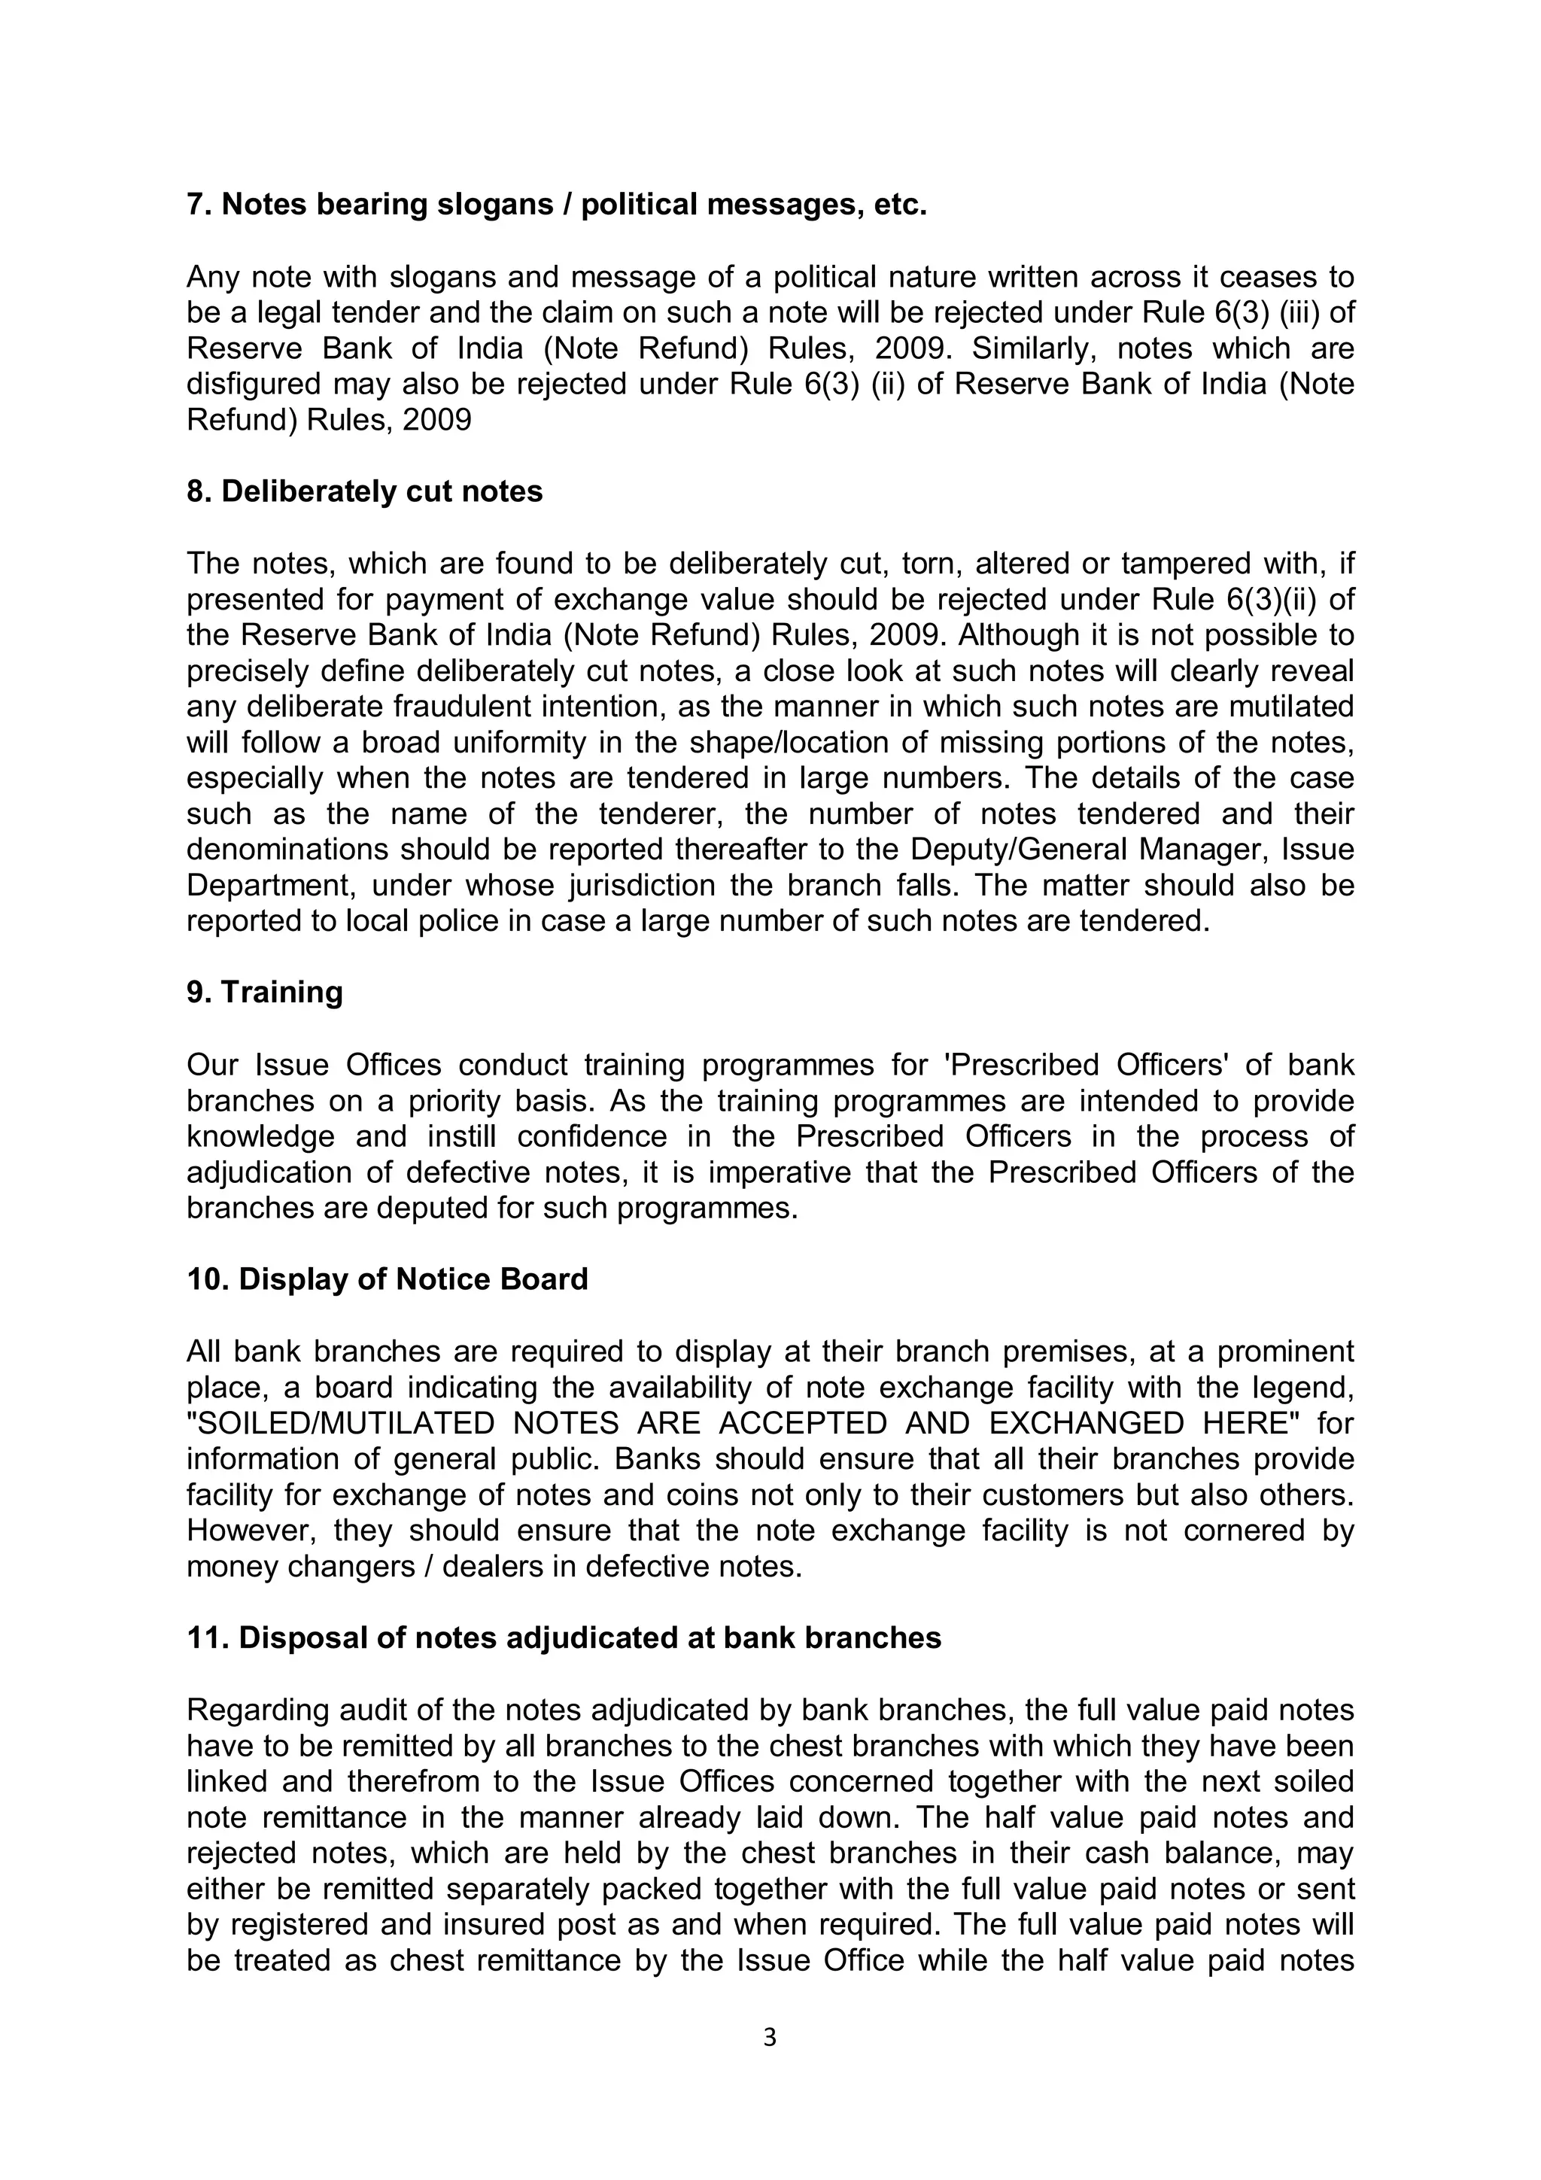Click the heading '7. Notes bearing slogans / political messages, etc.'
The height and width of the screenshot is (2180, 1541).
point(556,204)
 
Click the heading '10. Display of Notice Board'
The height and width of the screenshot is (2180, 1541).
point(388,1279)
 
